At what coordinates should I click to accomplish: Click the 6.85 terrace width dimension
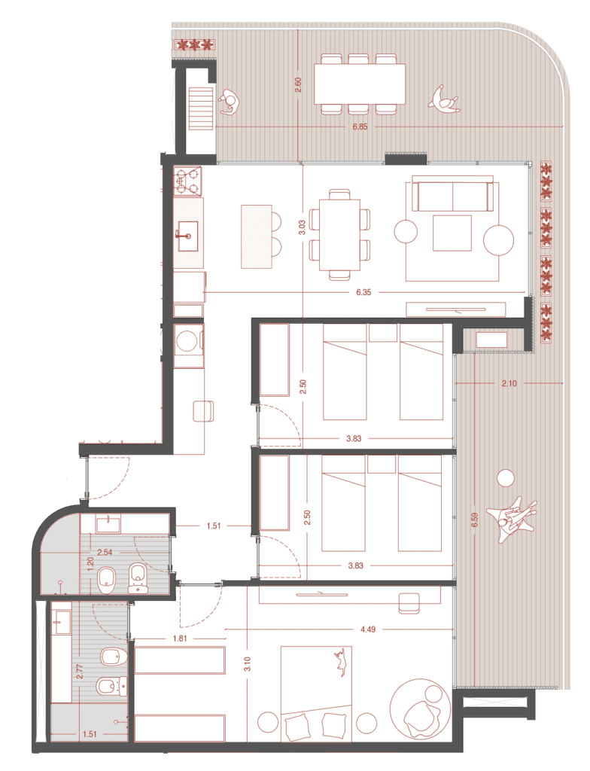360,126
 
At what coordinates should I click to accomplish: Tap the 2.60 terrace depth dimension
298,85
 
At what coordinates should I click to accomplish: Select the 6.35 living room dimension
363,292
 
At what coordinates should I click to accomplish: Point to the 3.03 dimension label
302,227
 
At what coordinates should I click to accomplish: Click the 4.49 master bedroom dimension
368,629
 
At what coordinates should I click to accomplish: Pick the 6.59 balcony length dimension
474,520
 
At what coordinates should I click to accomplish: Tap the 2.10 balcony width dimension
509,383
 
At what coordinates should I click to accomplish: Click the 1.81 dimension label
180,638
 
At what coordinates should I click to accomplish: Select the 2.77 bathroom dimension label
80,671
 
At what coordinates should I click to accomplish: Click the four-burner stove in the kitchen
188,181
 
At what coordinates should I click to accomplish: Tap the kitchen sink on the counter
188,236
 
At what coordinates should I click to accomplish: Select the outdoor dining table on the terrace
360,84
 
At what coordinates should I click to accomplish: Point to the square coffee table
452,233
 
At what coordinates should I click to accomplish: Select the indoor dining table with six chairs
339,235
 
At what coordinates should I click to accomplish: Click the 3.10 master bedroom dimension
247,664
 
